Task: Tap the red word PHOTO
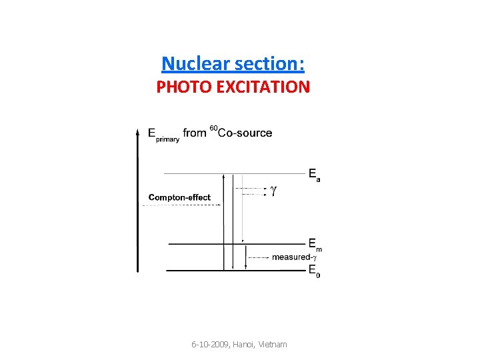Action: click(183, 87)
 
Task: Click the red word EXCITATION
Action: click(262, 87)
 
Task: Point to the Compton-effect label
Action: click(179, 197)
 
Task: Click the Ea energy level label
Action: click(314, 175)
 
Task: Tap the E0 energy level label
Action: click(314, 271)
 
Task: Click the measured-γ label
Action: click(294, 257)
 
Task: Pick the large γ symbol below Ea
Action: click(273, 191)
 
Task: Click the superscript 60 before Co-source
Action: click(213, 127)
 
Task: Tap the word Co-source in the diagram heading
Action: click(245, 133)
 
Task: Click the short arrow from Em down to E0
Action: click(246, 257)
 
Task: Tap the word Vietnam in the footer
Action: click(273, 345)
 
